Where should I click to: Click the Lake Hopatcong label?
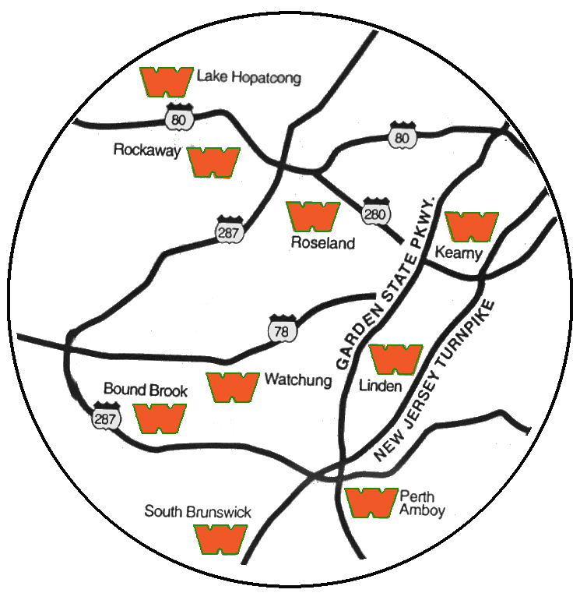pyautogui.click(x=249, y=77)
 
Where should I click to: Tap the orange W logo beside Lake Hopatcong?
pyautogui.click(x=167, y=82)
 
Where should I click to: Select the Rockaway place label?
pyautogui.click(x=147, y=150)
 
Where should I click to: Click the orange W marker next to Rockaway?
pyautogui.click(x=214, y=163)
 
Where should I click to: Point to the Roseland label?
pyautogui.click(x=323, y=243)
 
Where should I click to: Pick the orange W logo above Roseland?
pyautogui.click(x=313, y=217)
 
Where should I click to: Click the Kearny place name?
pyautogui.click(x=459, y=253)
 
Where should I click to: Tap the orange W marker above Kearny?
pyautogui.click(x=472, y=227)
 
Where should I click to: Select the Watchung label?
pyautogui.click(x=298, y=379)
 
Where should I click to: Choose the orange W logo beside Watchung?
pyautogui.click(x=233, y=387)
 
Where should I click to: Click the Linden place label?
pyautogui.click(x=381, y=387)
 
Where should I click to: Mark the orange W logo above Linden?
pyautogui.click(x=395, y=360)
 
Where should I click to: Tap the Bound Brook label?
pyautogui.click(x=146, y=390)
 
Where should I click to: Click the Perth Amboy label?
pyautogui.click(x=422, y=503)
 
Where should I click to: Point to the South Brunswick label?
pyautogui.click(x=198, y=512)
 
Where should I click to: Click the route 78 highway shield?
pyautogui.click(x=282, y=329)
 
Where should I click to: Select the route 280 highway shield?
pyautogui.click(x=375, y=212)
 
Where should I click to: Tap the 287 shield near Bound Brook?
pyautogui.click(x=106, y=416)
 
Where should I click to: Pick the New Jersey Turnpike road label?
pyautogui.click(x=434, y=381)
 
